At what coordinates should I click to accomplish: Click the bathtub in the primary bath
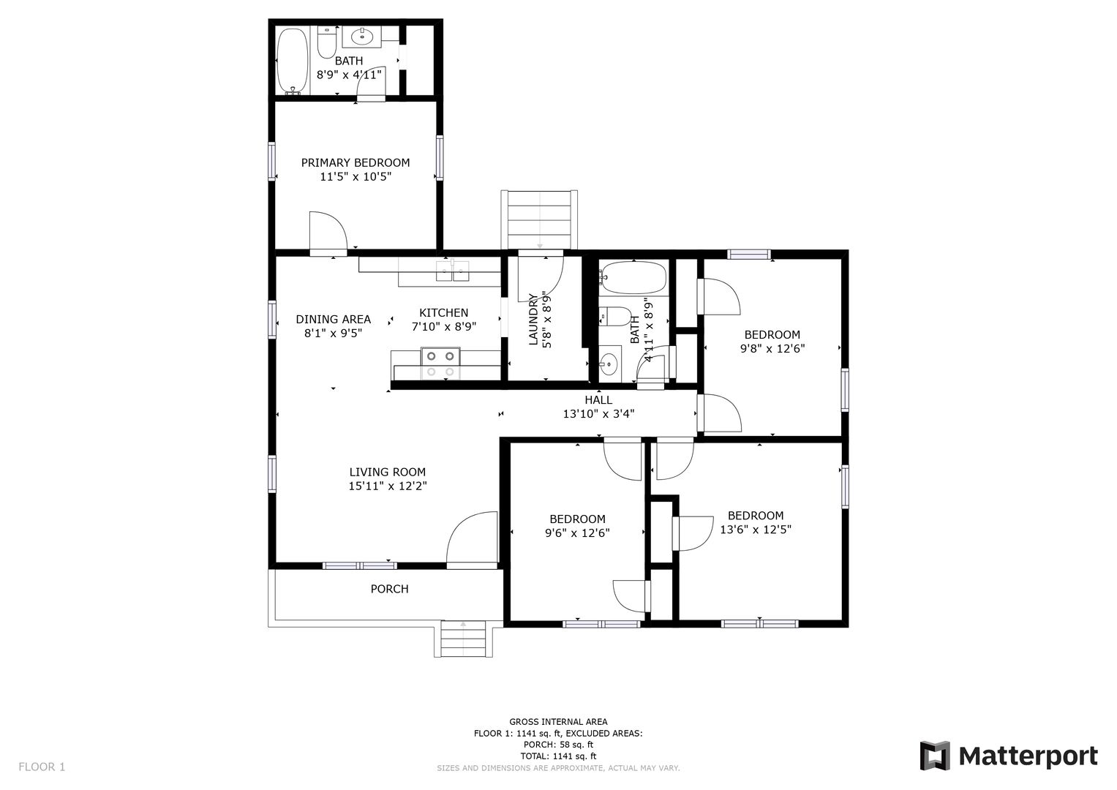coord(292,61)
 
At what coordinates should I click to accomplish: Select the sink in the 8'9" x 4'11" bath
coord(361,37)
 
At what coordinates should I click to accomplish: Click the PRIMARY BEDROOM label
coord(355,162)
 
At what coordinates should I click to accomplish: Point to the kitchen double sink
coord(453,271)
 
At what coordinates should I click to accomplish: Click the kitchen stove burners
coord(440,364)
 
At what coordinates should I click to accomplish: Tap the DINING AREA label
coord(333,319)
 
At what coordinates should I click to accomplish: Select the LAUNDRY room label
coord(533,320)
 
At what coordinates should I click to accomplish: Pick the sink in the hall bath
coord(609,364)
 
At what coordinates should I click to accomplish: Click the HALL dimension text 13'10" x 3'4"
coord(598,413)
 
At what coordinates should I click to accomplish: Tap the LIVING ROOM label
coord(388,472)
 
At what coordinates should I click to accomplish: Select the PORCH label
coord(389,589)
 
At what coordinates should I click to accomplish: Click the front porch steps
coord(463,639)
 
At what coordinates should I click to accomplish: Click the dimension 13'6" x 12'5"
coord(756,529)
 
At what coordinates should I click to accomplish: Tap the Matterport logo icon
coord(934,756)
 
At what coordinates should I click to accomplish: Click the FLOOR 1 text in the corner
coord(42,767)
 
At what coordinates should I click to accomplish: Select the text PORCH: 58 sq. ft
coord(558,745)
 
